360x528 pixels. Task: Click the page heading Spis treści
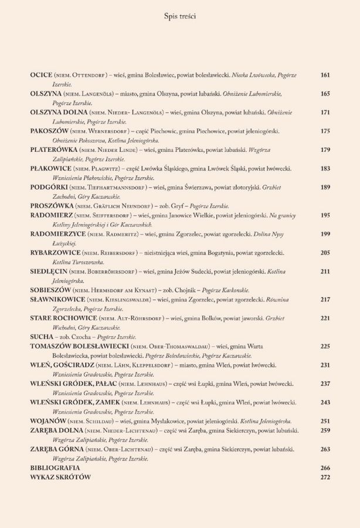(180, 17)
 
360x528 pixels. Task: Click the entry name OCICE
(41, 75)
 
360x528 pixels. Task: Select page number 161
(325, 75)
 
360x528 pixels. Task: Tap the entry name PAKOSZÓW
(49, 131)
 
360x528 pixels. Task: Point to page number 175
(325, 131)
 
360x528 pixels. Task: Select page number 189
(325, 187)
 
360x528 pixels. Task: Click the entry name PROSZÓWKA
(51, 206)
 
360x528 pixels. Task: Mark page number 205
(325, 253)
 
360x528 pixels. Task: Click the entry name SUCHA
(41, 337)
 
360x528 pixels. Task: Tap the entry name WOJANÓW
(48, 421)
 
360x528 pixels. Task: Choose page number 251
(325, 421)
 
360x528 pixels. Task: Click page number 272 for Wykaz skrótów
(325, 478)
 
